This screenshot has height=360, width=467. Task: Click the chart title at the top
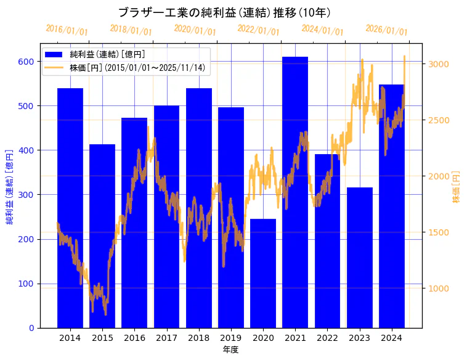(x=225, y=13)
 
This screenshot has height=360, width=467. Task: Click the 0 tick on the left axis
(x=31, y=328)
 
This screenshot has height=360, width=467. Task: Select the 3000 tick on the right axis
(x=439, y=64)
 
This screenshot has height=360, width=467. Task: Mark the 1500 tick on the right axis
(x=439, y=232)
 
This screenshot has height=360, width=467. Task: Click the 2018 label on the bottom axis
(x=198, y=338)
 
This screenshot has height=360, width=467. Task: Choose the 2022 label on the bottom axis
(x=327, y=338)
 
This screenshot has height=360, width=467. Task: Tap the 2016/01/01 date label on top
(x=67, y=30)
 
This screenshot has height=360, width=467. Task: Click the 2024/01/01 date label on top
(x=322, y=30)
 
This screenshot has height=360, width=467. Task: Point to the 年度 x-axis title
(x=230, y=350)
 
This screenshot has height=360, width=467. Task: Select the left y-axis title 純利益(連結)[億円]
(x=10, y=186)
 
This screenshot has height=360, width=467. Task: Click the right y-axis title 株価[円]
(x=457, y=187)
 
